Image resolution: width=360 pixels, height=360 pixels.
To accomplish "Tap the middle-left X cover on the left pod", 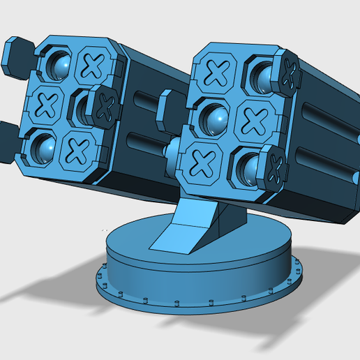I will (47, 105).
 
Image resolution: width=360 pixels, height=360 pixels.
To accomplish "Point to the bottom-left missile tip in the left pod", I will (43, 146).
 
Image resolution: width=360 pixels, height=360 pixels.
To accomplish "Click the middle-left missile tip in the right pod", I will (214, 119).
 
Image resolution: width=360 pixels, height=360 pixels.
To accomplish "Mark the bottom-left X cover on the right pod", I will (202, 163).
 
